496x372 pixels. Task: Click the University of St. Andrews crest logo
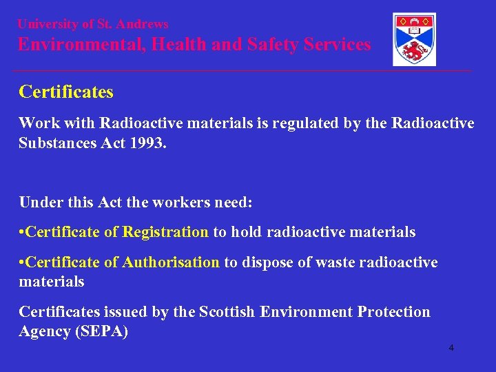(x=413, y=39)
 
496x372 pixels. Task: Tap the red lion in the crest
(x=414, y=51)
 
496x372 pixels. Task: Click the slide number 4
(x=451, y=348)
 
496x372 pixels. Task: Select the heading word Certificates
(x=66, y=92)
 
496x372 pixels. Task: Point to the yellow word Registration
(x=165, y=232)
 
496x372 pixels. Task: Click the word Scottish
(x=227, y=312)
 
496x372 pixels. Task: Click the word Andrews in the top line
(x=143, y=24)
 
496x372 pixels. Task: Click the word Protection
(x=393, y=312)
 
